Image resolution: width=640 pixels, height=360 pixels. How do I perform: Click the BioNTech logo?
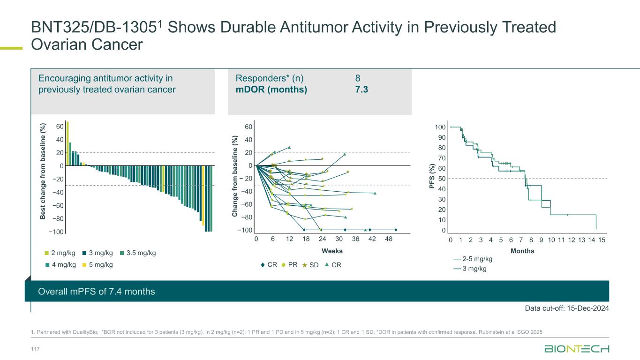tap(577, 350)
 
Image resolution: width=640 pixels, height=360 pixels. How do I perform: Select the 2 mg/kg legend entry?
tap(62, 253)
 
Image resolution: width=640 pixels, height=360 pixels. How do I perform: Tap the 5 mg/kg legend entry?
tap(98, 264)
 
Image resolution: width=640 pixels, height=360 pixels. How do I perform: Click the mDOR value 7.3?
tap(361, 89)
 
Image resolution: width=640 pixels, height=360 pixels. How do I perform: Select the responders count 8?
tap(358, 78)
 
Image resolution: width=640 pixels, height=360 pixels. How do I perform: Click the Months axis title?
tap(522, 251)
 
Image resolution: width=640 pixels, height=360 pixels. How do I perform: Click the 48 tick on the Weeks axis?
tap(389, 239)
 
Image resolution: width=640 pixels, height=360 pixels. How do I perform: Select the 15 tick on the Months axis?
tap(602, 240)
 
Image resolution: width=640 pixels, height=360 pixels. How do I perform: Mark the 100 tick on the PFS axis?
tap(440, 127)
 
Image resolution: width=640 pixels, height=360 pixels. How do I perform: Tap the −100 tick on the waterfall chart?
tap(57, 232)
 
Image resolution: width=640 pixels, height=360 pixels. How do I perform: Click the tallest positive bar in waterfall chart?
tap(68, 143)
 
